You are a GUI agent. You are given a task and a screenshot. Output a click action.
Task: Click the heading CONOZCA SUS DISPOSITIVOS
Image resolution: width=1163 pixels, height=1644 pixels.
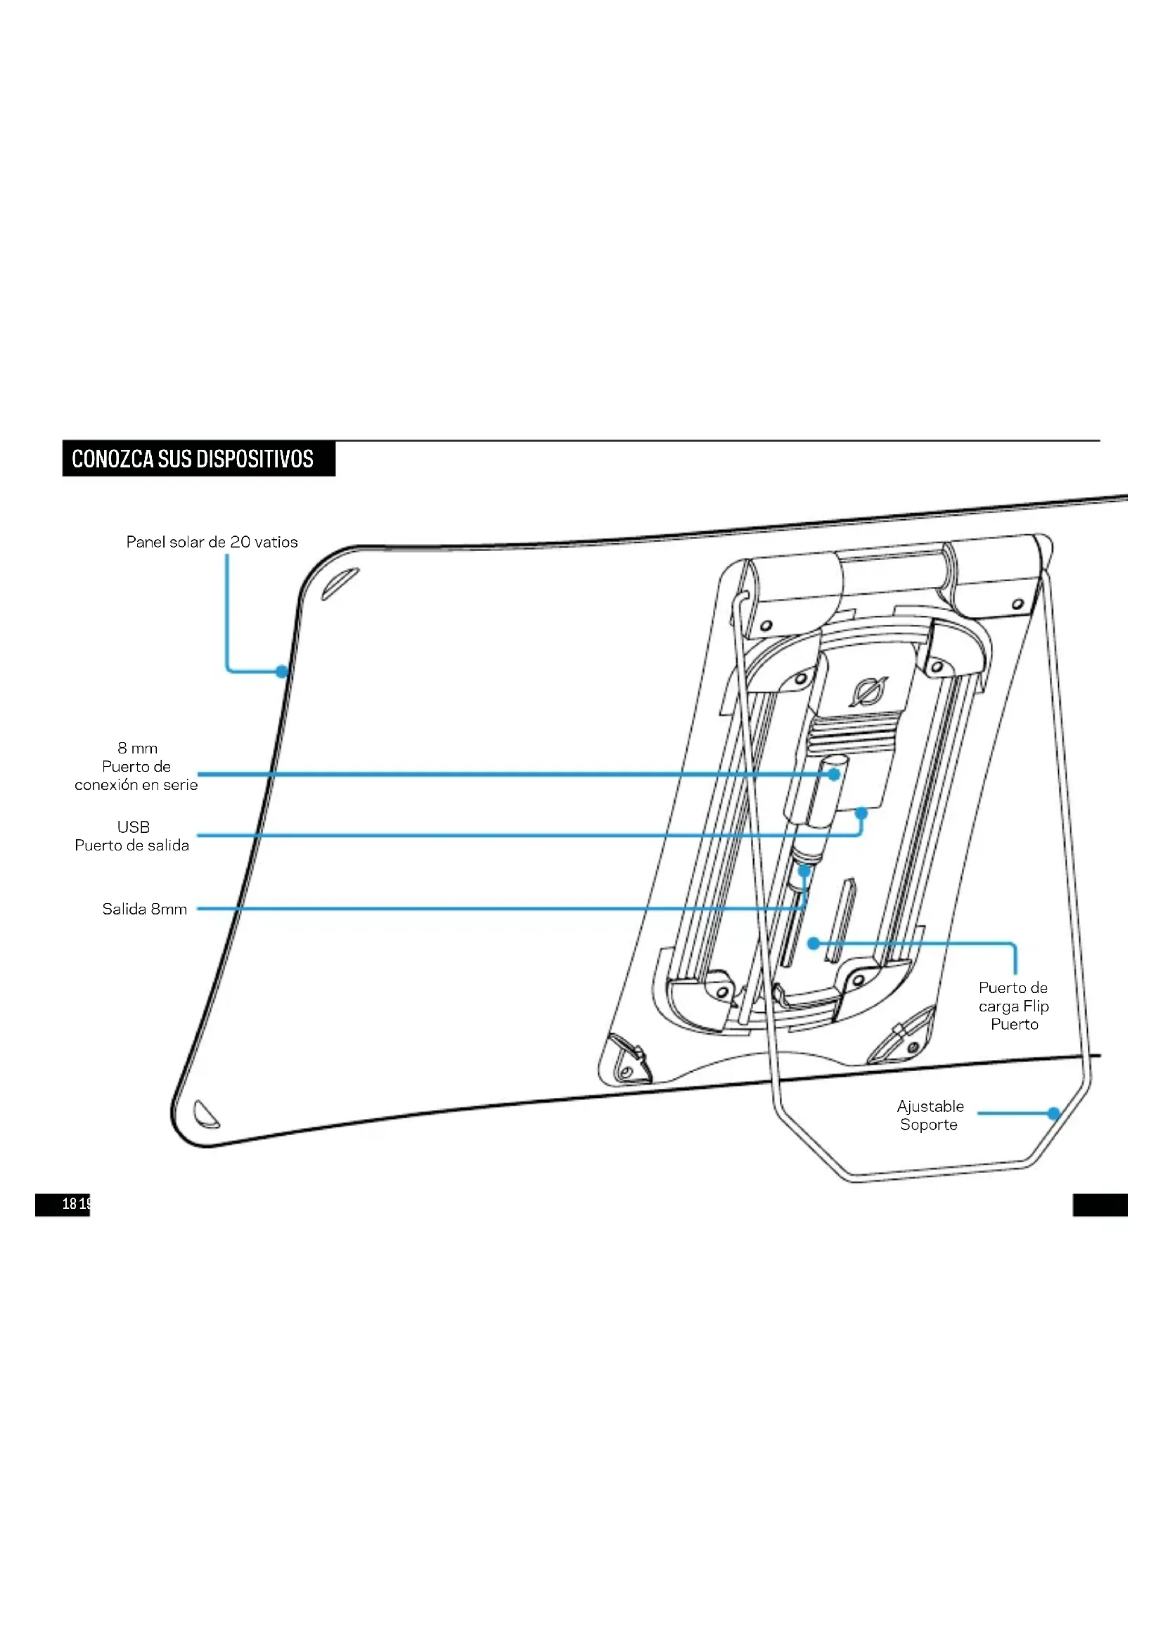point(193,459)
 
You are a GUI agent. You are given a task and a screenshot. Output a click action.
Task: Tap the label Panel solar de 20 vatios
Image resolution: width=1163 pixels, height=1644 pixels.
point(211,542)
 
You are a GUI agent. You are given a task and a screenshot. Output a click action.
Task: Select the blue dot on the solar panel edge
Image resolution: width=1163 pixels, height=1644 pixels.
point(282,672)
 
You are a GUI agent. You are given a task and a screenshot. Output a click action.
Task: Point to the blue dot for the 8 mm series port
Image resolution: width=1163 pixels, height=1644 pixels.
point(834,774)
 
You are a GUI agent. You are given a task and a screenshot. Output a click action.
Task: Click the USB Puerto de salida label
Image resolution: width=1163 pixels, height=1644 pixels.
point(132,836)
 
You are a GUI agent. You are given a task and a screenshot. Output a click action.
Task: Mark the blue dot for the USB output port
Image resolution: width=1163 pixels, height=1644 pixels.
point(861,813)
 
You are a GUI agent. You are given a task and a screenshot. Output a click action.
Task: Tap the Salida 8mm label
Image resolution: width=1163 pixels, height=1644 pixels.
point(145,910)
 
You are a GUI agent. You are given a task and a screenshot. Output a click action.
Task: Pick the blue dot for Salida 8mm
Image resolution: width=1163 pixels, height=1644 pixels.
point(804,872)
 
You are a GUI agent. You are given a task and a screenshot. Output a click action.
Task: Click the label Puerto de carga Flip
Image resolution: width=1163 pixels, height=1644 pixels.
point(1013,1006)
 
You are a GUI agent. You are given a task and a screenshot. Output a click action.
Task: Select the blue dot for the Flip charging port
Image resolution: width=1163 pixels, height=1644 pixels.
point(814,944)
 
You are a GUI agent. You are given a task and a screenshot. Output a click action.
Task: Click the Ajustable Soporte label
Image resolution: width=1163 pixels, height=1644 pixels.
point(930,1115)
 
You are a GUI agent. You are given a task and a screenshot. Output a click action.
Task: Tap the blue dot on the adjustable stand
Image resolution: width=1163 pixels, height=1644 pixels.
point(1053,1113)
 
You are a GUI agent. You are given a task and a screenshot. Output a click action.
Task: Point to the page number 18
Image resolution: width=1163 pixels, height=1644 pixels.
point(70,1203)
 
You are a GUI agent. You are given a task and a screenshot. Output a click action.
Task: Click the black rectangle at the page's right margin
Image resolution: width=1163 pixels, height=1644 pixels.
point(1100,1205)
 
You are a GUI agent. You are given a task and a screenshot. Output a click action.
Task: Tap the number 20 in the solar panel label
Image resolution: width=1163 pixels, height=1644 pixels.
point(240,542)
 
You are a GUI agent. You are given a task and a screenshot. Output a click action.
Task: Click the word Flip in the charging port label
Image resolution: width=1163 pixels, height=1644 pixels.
point(1036,1006)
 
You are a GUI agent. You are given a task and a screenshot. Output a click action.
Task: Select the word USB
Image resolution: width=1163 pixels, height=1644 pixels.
point(133,827)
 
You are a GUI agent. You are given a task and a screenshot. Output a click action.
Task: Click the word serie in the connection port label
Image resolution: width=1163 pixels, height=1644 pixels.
point(180,786)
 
